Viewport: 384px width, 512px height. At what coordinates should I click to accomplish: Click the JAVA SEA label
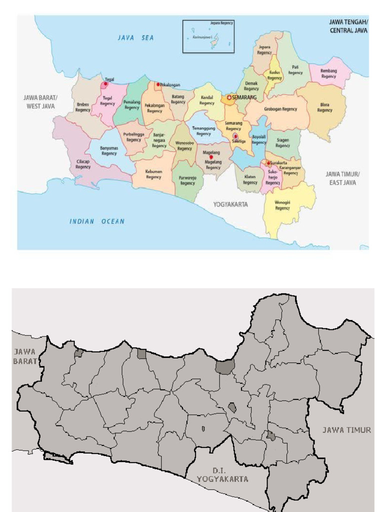[136, 37]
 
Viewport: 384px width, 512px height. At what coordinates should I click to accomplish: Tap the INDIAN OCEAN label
[97, 221]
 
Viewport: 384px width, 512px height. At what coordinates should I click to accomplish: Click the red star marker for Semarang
[229, 97]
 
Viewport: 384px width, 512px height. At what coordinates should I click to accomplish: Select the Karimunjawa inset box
[208, 36]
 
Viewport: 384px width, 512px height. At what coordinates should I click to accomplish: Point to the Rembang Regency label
[328, 73]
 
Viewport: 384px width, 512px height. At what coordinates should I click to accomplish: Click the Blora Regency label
[324, 107]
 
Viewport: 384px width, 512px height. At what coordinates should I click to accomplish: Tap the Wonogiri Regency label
[282, 205]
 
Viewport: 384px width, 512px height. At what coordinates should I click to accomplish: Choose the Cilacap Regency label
[83, 164]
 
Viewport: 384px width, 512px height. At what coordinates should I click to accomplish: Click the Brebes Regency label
[83, 107]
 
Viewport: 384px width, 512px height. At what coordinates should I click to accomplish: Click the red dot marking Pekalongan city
[158, 84]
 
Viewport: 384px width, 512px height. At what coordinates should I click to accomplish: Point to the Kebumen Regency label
[153, 174]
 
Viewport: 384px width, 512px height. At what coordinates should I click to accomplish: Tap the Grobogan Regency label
[280, 109]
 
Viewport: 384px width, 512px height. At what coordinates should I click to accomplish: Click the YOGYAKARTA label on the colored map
[230, 204]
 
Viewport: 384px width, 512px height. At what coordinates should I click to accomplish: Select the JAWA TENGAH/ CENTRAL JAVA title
[348, 26]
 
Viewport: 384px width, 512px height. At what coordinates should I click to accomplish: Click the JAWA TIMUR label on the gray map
[346, 430]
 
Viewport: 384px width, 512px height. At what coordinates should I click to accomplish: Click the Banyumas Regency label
[109, 150]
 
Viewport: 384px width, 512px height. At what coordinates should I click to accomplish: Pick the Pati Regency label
[295, 69]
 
